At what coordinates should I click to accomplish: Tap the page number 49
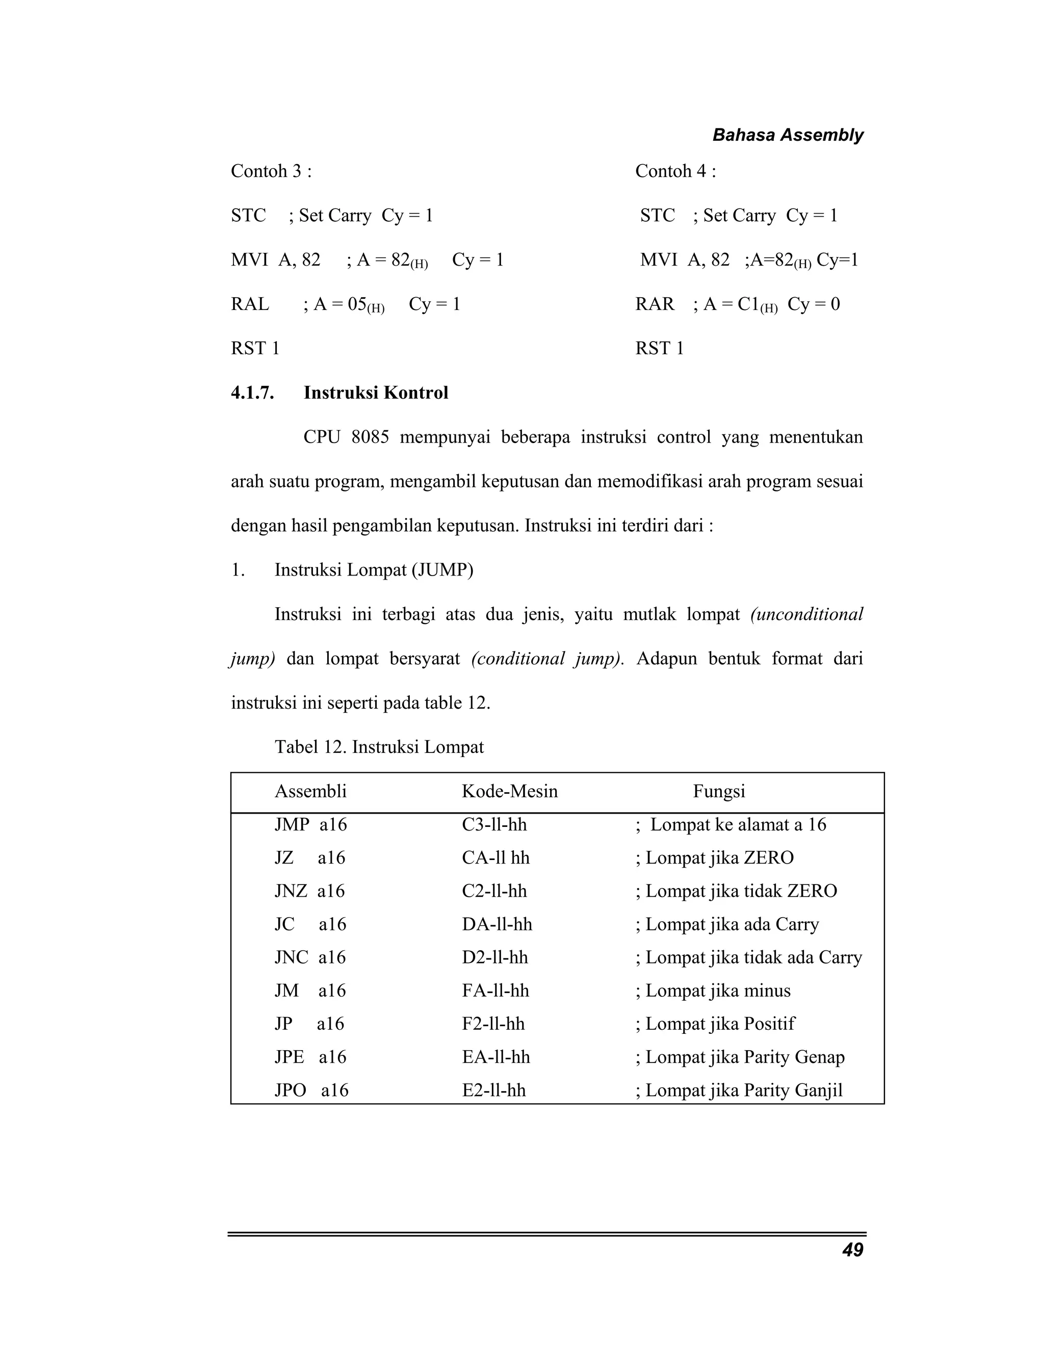852,1250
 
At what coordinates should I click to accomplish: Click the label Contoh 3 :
271,171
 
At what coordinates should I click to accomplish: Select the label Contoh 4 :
675,171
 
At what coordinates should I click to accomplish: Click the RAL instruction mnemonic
250,304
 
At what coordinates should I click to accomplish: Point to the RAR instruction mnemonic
655,304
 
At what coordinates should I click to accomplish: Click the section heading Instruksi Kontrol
375,393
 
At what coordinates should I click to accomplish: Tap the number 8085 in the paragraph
370,437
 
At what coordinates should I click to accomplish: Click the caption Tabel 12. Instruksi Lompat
379,747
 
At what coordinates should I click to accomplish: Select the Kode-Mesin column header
510,791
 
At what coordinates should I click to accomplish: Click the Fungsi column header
719,791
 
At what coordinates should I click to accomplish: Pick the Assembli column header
310,791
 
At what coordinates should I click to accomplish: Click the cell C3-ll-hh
494,824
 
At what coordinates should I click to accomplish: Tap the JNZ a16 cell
309,891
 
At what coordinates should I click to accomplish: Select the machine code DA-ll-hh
497,925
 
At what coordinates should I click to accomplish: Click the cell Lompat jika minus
717,991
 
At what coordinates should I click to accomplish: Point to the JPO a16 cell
311,1090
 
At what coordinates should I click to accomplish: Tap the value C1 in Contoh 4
748,304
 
